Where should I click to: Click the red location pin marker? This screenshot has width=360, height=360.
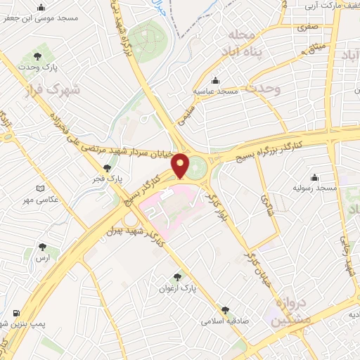tap(181, 165)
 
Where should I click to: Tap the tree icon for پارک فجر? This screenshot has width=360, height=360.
tap(106, 167)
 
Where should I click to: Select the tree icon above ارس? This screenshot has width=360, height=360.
tap(44, 247)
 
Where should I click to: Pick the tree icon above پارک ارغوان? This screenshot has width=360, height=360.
tap(178, 277)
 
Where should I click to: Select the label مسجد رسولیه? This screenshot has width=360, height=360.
tap(317, 188)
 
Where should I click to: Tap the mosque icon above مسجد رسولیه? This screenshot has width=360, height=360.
tap(314, 176)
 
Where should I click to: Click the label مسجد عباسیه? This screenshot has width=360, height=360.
tap(218, 91)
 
